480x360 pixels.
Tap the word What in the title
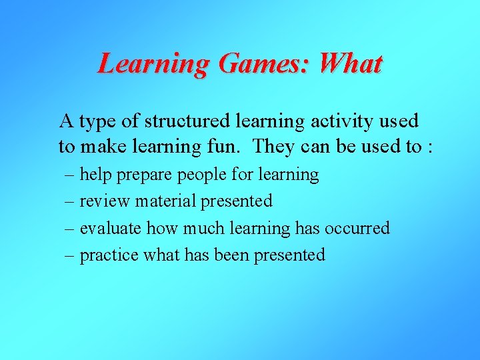tap(350, 63)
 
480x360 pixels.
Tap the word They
tap(275, 146)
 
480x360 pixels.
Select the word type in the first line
tap(98, 123)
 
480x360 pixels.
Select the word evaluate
tap(111, 228)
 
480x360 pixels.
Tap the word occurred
tap(357, 228)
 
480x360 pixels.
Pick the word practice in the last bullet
tap(109, 255)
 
